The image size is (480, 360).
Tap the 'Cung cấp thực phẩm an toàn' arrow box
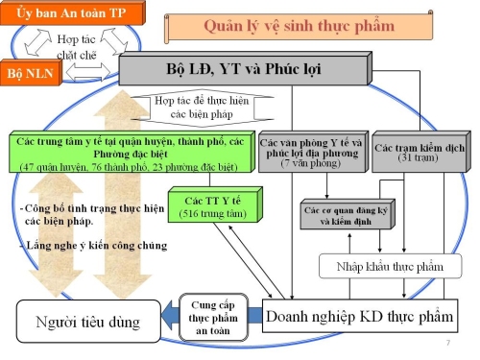[x=212, y=315]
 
